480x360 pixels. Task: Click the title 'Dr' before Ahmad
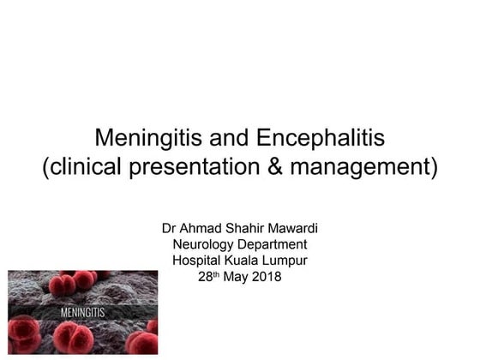click(170, 229)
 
